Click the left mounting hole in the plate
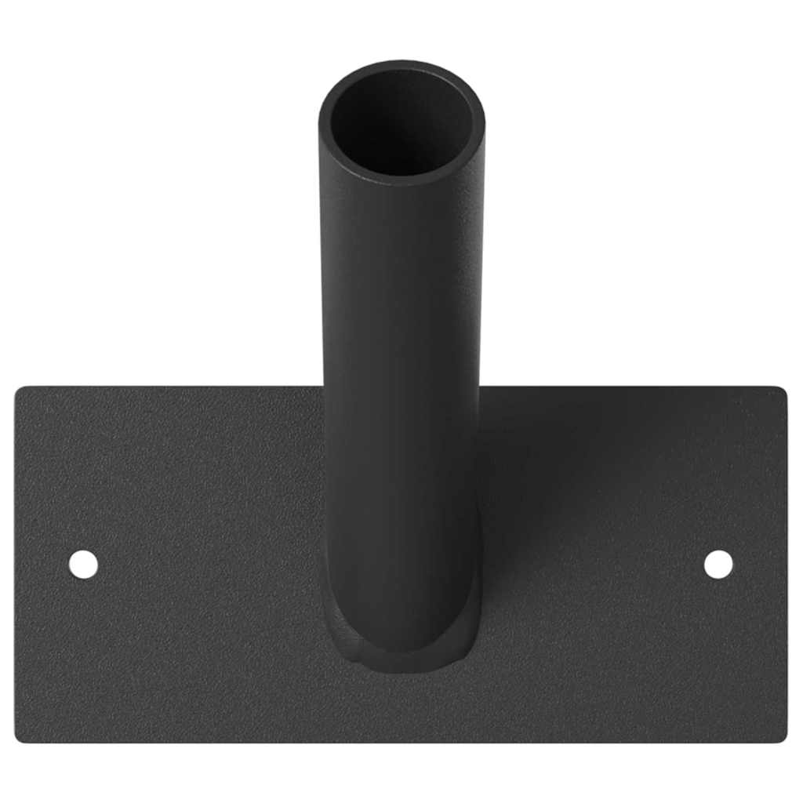tap(83, 565)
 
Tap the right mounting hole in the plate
tap(718, 565)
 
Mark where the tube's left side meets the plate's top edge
tap(323, 387)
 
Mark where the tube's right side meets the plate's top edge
tap(480, 387)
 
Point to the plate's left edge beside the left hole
tap(17, 565)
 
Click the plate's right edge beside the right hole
tap(785, 565)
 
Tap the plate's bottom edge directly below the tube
tap(401, 741)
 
